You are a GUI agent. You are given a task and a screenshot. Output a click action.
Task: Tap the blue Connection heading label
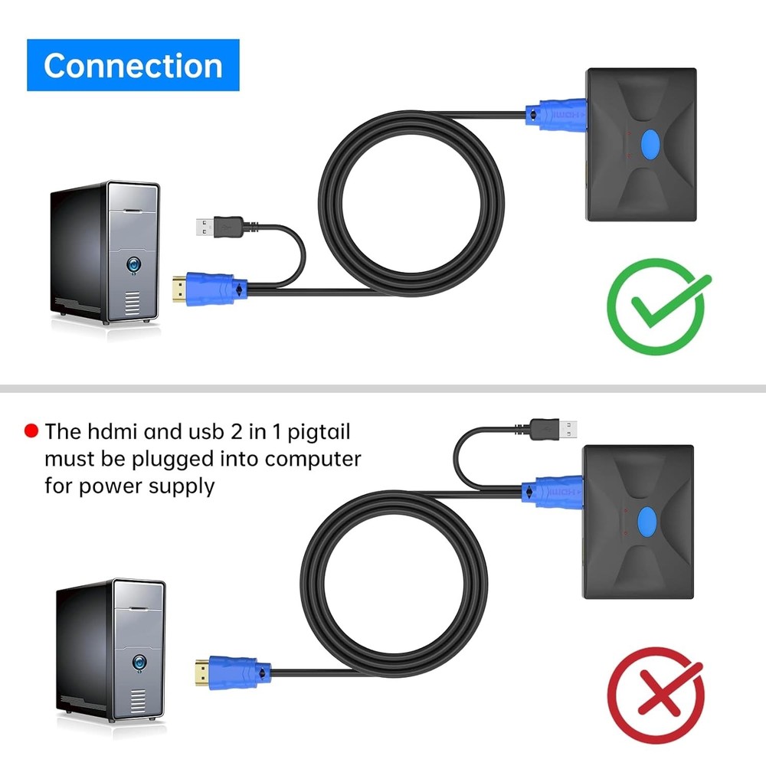(133, 65)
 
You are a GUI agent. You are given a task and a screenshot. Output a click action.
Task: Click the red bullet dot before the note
(31, 431)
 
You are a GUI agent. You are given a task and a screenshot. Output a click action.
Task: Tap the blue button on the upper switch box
(650, 145)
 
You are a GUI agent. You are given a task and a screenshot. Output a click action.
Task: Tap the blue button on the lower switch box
(647, 522)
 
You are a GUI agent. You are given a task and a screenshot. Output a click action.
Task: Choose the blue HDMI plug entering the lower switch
(552, 489)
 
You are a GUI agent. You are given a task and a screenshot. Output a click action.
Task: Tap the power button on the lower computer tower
(140, 661)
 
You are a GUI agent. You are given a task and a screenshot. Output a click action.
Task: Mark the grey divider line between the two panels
(383, 388)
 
